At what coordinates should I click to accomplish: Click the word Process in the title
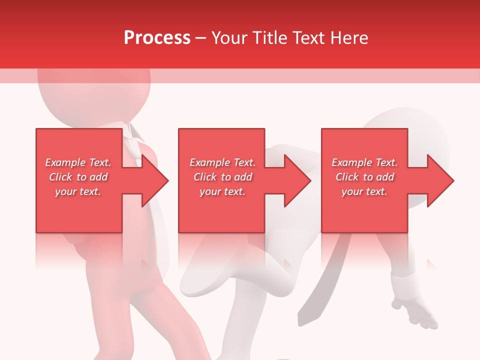157,38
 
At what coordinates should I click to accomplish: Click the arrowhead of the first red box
154,180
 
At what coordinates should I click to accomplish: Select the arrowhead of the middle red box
296,180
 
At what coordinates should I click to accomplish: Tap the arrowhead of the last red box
439,180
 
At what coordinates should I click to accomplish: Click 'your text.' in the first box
78,191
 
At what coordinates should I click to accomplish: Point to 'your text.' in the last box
364,191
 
